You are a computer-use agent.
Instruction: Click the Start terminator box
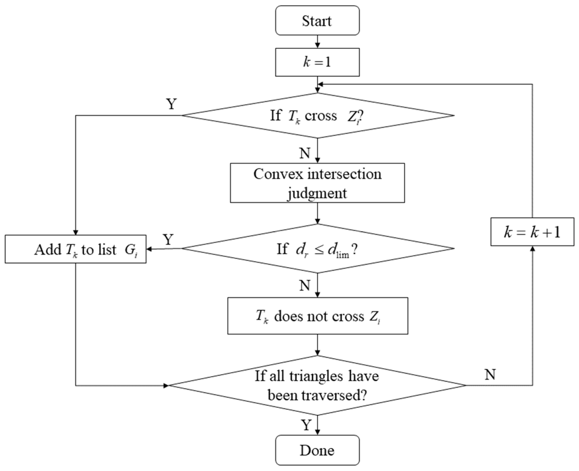(x=317, y=21)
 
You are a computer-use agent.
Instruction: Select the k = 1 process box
(x=317, y=62)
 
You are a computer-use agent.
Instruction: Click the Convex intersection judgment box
(x=317, y=183)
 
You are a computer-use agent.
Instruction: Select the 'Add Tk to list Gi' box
(x=76, y=249)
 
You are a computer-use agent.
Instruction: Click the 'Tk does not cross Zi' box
(x=317, y=316)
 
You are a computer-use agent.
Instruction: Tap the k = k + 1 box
(x=532, y=232)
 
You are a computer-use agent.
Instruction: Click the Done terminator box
(x=317, y=450)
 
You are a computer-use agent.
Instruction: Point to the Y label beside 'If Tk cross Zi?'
(x=171, y=104)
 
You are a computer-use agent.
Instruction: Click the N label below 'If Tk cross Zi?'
(x=305, y=153)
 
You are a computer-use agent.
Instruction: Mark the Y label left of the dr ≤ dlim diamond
(x=168, y=240)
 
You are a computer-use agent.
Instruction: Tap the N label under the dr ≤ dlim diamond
(x=305, y=285)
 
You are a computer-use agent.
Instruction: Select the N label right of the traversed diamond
(x=490, y=375)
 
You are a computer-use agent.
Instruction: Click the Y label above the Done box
(x=306, y=425)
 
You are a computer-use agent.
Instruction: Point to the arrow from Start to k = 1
(x=317, y=42)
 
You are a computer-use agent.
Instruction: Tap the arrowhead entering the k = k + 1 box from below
(x=532, y=249)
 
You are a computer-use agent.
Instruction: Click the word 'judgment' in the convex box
(x=317, y=194)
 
